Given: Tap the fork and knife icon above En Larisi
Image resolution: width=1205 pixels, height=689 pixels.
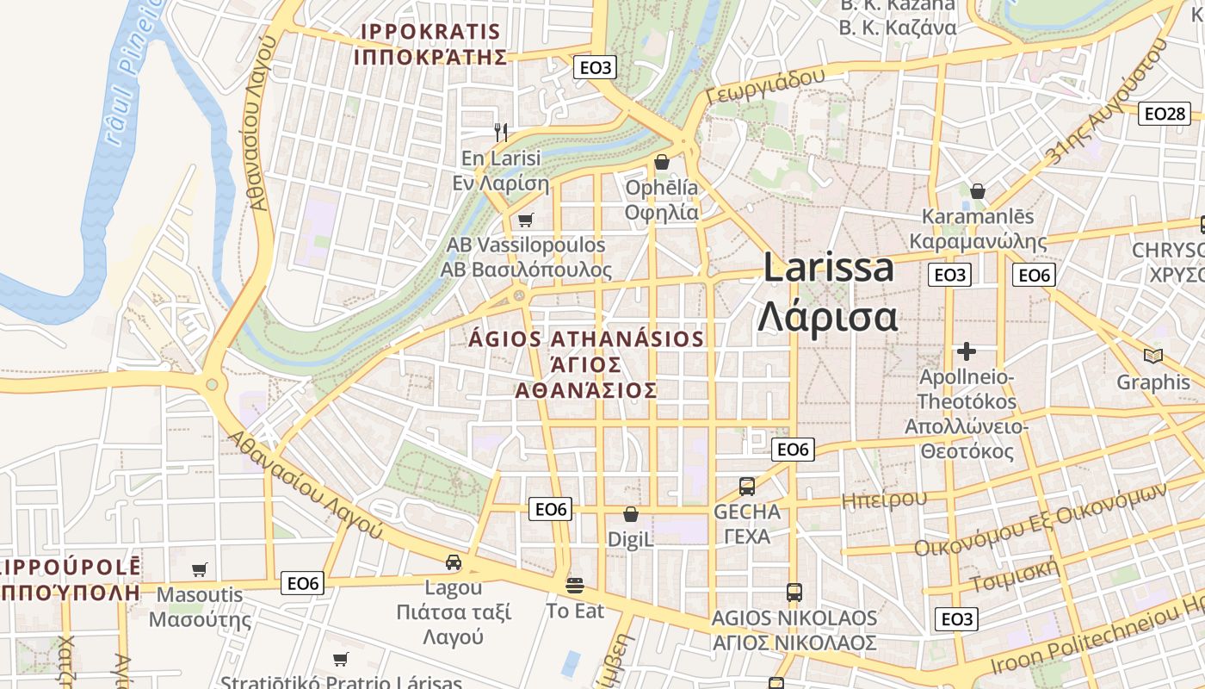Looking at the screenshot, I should pos(501,132).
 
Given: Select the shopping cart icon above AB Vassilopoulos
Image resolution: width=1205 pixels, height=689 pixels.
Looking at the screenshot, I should pos(526,220).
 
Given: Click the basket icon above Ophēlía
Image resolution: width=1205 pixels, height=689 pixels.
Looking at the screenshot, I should pos(662,161).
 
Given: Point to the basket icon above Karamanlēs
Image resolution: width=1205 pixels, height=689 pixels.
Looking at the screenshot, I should pos(978,190).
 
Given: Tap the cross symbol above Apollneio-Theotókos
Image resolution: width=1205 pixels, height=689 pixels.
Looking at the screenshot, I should pos(967,351).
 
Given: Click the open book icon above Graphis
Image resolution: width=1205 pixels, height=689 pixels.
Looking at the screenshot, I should pos(1152,356).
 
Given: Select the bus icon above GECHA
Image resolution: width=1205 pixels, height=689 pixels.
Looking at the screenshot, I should pos(747,486).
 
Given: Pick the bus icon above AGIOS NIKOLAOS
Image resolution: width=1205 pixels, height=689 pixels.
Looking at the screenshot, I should pos(794,593).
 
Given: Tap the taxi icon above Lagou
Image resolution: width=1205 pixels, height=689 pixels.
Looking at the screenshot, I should pos(454,562).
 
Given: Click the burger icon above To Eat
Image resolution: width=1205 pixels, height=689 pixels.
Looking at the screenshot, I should pos(575,586).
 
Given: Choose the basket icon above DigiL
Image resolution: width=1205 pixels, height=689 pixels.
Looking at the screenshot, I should pos(631,514).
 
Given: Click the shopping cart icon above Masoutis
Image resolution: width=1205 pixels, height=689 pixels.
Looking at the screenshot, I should pos(200,569).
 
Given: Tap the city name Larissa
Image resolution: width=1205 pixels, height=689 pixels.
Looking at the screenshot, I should pos(829,268).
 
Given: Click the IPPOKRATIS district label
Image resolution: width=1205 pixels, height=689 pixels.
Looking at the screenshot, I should pos(430,32).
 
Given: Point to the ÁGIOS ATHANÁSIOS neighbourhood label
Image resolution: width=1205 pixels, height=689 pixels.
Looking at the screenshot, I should pos(586,339).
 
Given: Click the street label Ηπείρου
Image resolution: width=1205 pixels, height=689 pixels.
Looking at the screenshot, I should pos(884,498).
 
